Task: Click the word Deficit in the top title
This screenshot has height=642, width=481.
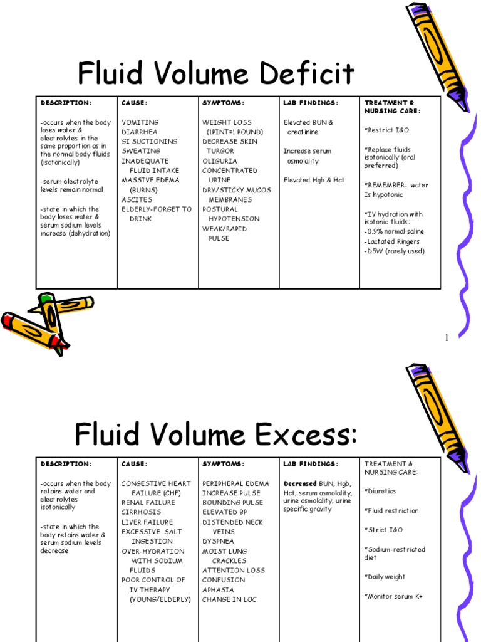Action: (304, 75)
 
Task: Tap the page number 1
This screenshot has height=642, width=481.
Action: (447, 339)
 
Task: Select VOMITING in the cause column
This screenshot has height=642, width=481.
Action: (140, 122)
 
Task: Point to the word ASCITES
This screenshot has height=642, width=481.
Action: (137, 199)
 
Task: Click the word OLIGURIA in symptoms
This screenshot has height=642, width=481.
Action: (220, 160)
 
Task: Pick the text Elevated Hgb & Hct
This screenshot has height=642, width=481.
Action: (314, 180)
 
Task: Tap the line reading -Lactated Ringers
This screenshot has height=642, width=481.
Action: (392, 241)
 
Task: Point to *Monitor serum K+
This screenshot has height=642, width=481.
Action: (393, 596)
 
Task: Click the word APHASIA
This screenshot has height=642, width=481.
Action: (218, 589)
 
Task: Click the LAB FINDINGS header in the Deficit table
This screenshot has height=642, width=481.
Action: (311, 103)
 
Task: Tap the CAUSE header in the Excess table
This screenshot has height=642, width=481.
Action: (135, 464)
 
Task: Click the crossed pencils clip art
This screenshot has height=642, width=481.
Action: (44, 320)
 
